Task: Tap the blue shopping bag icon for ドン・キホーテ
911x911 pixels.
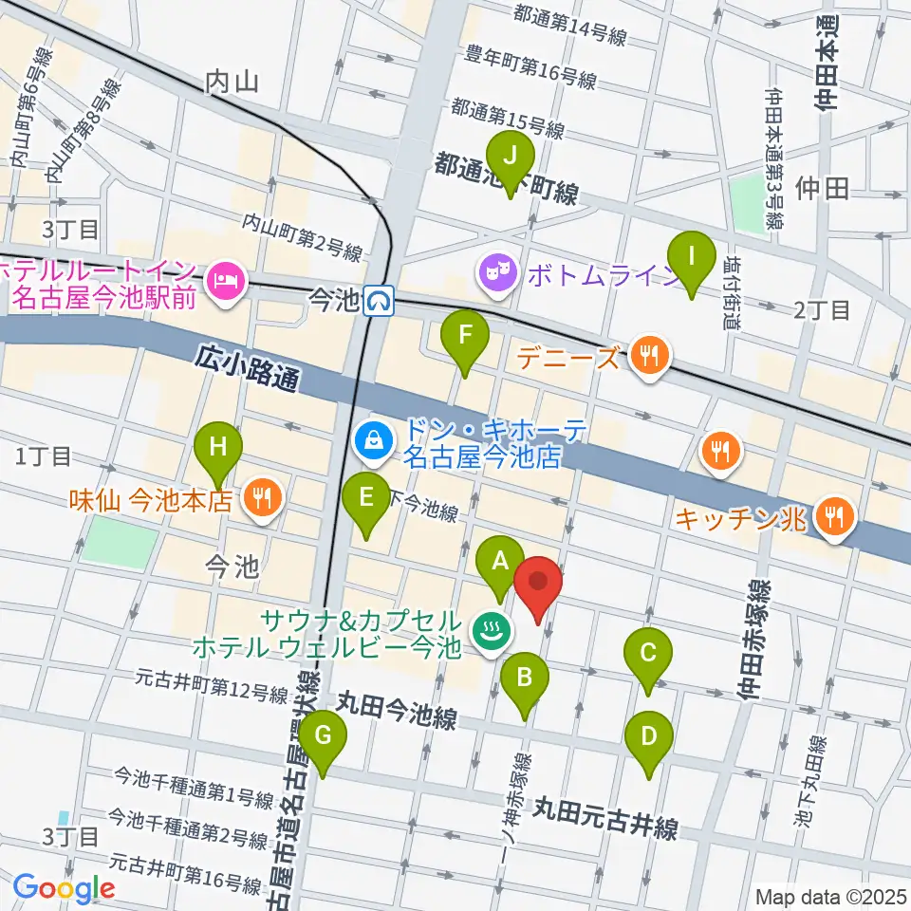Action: click(375, 440)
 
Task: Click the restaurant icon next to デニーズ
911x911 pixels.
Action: click(650, 357)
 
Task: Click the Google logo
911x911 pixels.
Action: click(64, 888)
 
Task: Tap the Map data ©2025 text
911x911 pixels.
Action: click(831, 897)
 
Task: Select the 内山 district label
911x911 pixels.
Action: click(232, 82)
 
